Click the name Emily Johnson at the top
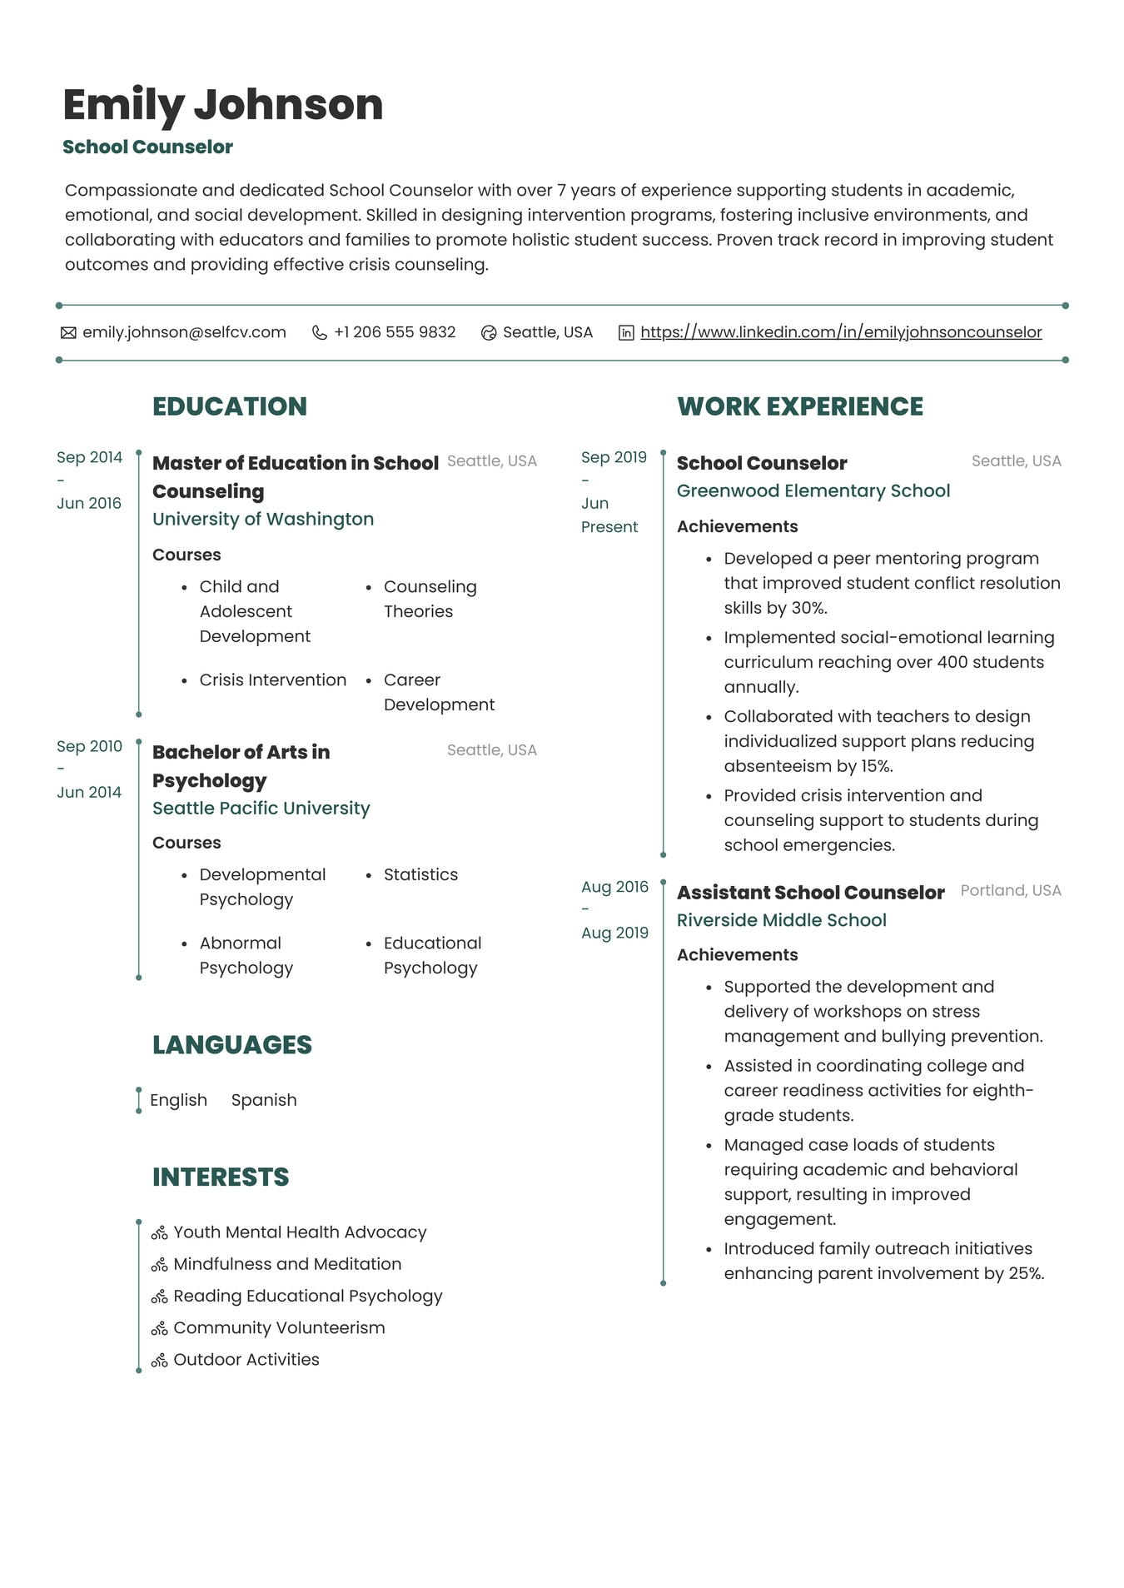coord(222,105)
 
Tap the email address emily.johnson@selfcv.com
coord(184,332)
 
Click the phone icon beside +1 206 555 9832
coord(319,332)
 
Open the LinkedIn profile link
coord(840,332)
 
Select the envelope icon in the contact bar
coord(68,333)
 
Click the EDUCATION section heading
coord(230,406)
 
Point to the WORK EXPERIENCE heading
coord(799,406)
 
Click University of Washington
coord(263,519)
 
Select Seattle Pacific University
coord(261,808)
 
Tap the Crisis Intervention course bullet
coord(272,680)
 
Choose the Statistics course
coord(420,874)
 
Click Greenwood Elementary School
coord(813,490)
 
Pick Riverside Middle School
coord(781,920)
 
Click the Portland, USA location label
coord(1010,890)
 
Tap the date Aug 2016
coord(614,887)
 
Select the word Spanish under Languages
coord(264,1100)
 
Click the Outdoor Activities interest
coord(246,1360)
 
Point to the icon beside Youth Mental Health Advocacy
coord(159,1232)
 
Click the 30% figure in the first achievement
coord(807,608)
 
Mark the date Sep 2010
coord(89,746)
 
